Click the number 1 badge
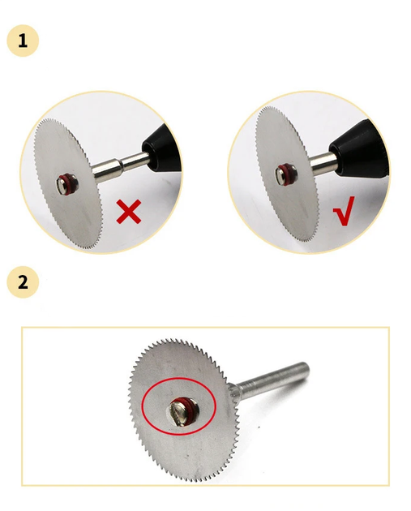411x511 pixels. (x=23, y=41)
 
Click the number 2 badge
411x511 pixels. (x=23, y=282)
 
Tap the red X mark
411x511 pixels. (x=129, y=212)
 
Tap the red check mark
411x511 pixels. (x=344, y=211)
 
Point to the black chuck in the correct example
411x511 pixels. (x=360, y=148)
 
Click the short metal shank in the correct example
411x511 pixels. (x=323, y=162)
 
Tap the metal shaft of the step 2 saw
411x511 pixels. (x=271, y=380)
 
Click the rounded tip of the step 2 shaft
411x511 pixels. (x=305, y=367)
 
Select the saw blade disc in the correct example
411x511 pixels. (x=287, y=174)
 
